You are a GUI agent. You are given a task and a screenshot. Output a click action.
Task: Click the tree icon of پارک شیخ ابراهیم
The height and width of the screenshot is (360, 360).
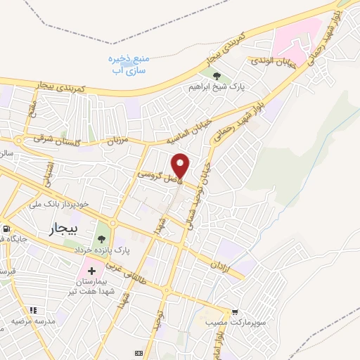(215, 76)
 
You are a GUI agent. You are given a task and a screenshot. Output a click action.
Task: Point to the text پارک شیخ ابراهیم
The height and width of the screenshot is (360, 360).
(210, 88)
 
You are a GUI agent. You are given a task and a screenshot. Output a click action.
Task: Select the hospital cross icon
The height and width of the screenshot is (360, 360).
(91, 271)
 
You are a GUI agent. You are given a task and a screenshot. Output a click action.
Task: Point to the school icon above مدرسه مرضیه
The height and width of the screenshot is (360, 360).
(32, 309)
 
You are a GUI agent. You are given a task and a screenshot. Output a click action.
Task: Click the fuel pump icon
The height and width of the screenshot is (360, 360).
(6, 229)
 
